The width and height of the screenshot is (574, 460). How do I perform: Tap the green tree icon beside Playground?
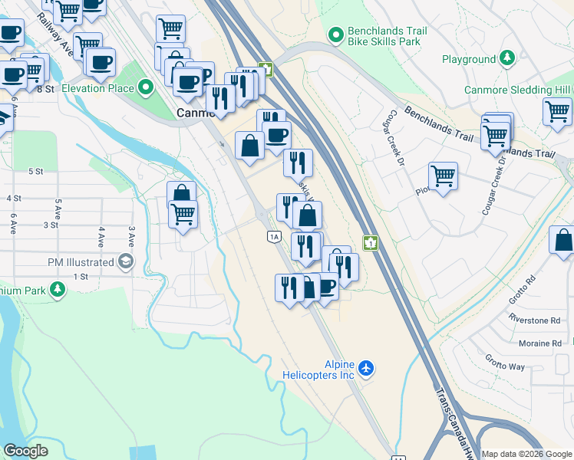click(507, 59)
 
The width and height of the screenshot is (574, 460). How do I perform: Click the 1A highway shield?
click(274, 237)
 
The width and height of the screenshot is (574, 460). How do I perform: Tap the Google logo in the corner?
click(25, 450)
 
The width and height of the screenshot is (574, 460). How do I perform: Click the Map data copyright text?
click(526, 454)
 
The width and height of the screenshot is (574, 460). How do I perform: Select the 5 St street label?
click(35, 172)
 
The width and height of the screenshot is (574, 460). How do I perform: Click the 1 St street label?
click(81, 276)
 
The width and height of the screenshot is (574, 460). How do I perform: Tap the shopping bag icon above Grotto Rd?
click(562, 240)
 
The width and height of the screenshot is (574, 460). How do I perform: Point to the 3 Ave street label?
click(132, 236)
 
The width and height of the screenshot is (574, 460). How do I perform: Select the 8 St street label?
click(46, 89)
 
